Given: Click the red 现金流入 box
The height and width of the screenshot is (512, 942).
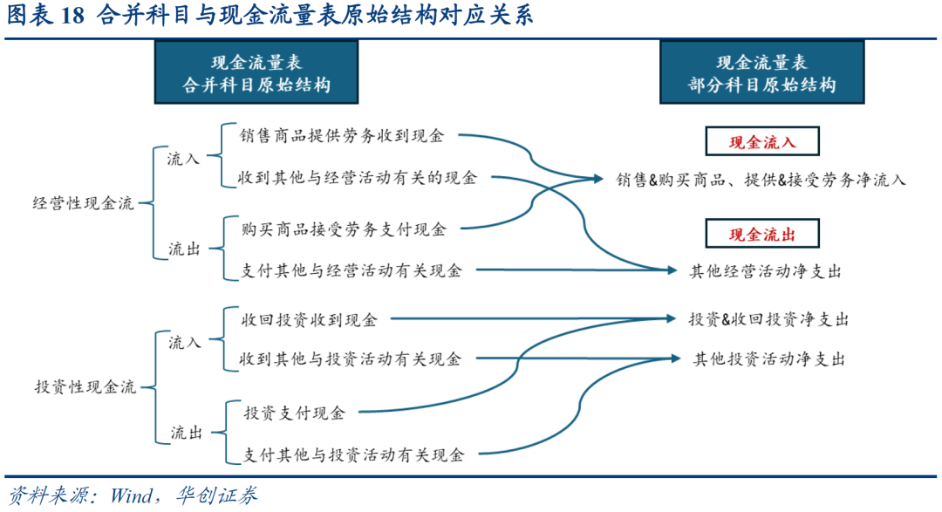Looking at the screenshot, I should point(762,140).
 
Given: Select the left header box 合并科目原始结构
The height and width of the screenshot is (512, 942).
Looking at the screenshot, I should point(256,72).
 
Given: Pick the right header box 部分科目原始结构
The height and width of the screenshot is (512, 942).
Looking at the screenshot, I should point(761,72).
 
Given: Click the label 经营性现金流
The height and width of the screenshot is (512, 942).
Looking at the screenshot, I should point(84,203).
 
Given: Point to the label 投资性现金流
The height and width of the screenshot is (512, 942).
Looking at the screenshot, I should point(85,388).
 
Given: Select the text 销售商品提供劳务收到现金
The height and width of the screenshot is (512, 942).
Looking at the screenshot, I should point(343,136).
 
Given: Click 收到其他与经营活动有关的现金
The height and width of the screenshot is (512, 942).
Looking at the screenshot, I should point(359,178).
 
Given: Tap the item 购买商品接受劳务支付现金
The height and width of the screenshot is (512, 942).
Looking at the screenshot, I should point(344,229).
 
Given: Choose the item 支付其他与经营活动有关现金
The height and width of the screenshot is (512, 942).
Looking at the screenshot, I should point(352,270).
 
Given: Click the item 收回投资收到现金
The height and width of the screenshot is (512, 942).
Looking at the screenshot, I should point(309,320).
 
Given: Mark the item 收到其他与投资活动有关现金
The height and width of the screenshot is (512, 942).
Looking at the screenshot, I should point(352,358).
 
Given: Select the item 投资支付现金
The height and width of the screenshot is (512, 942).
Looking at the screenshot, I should point(294,413).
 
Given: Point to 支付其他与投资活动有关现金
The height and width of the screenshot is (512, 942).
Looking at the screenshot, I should point(353,454).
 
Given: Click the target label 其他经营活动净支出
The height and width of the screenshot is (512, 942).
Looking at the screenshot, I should point(766,271).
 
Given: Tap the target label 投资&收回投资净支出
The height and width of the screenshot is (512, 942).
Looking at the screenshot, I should point(768,319).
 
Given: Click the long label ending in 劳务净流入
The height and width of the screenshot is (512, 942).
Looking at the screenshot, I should point(761,180).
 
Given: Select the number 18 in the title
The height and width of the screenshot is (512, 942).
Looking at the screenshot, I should point(72,16).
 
